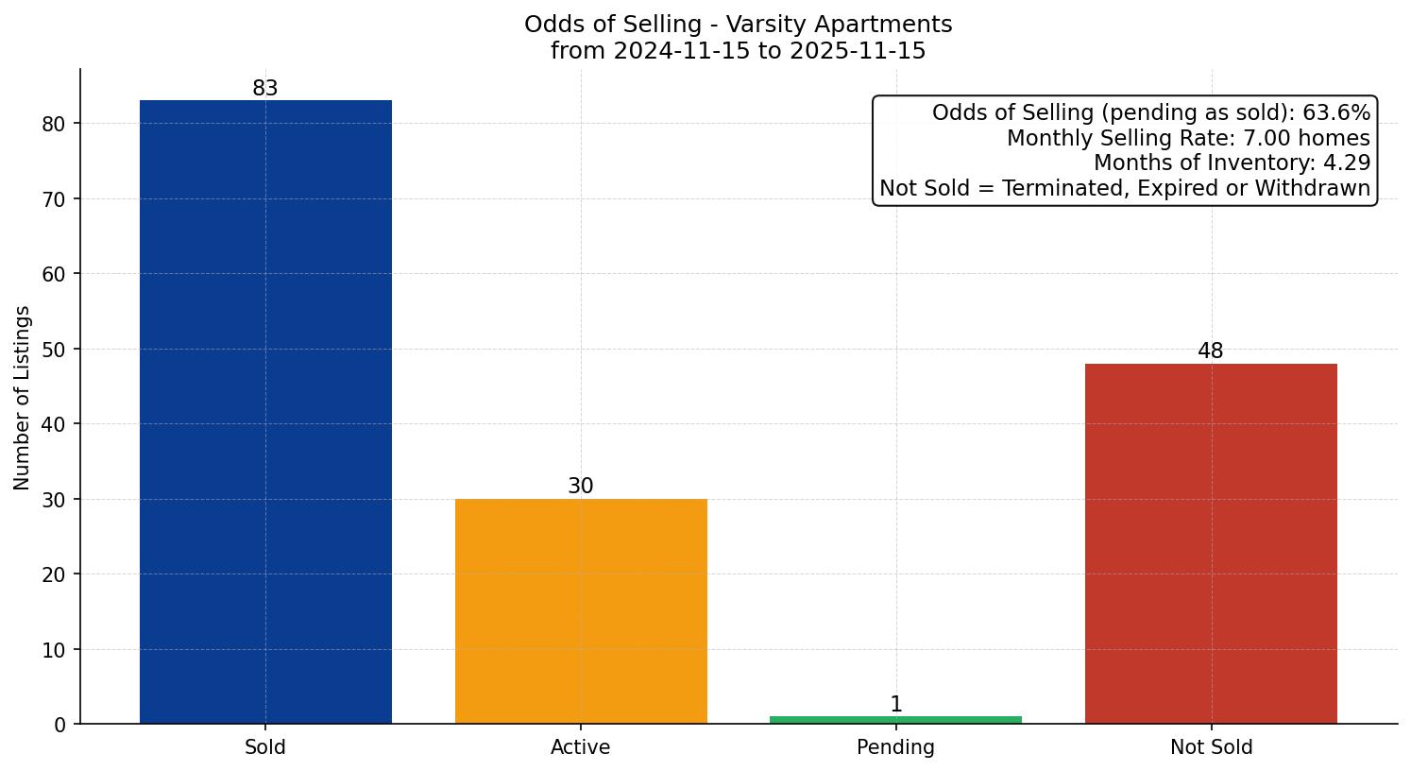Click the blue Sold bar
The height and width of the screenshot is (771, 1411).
265,412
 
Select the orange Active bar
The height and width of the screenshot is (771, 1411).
581,611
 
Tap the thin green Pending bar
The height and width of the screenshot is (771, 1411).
895,720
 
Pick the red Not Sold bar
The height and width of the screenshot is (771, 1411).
1211,543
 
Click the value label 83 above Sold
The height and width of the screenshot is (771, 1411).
265,89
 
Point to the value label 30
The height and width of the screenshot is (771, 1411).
581,487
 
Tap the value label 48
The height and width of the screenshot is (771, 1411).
1211,351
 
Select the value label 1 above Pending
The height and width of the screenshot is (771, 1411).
896,705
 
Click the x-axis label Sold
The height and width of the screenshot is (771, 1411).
265,747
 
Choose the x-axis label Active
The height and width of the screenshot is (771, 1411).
581,747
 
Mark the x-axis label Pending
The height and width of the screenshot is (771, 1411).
895,747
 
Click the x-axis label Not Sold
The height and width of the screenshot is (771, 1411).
1211,747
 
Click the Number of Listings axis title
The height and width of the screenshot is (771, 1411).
23,398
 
